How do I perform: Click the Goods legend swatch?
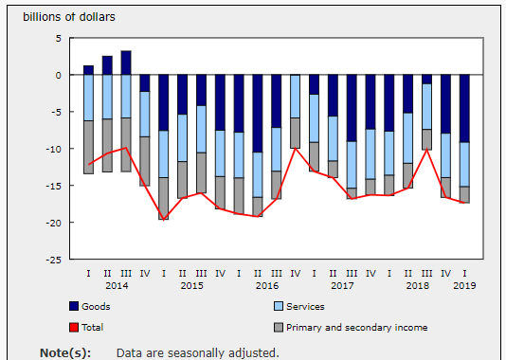pos(74,306)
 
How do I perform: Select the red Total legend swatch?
pos(74,328)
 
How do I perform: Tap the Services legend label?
pos(305,306)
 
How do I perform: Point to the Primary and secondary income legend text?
pos(357,328)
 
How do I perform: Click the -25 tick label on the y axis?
pos(54,260)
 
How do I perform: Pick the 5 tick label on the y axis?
pos(59,39)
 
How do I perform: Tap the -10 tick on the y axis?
pos(54,149)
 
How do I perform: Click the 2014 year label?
pos(117,286)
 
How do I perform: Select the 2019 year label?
pos(464,286)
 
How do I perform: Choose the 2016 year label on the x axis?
pos(267,286)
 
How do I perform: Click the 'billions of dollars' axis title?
pos(69,17)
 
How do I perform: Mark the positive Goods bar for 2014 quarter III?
pos(126,63)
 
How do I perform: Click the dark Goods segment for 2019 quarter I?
pos(464,108)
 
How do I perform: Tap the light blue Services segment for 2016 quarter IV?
pos(296,97)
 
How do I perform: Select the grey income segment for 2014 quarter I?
pos(88,148)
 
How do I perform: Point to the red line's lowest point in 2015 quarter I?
pos(164,220)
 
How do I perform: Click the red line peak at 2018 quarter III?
pos(427,150)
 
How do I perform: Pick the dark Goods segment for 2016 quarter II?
pos(258,114)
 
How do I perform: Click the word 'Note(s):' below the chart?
pos(65,353)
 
